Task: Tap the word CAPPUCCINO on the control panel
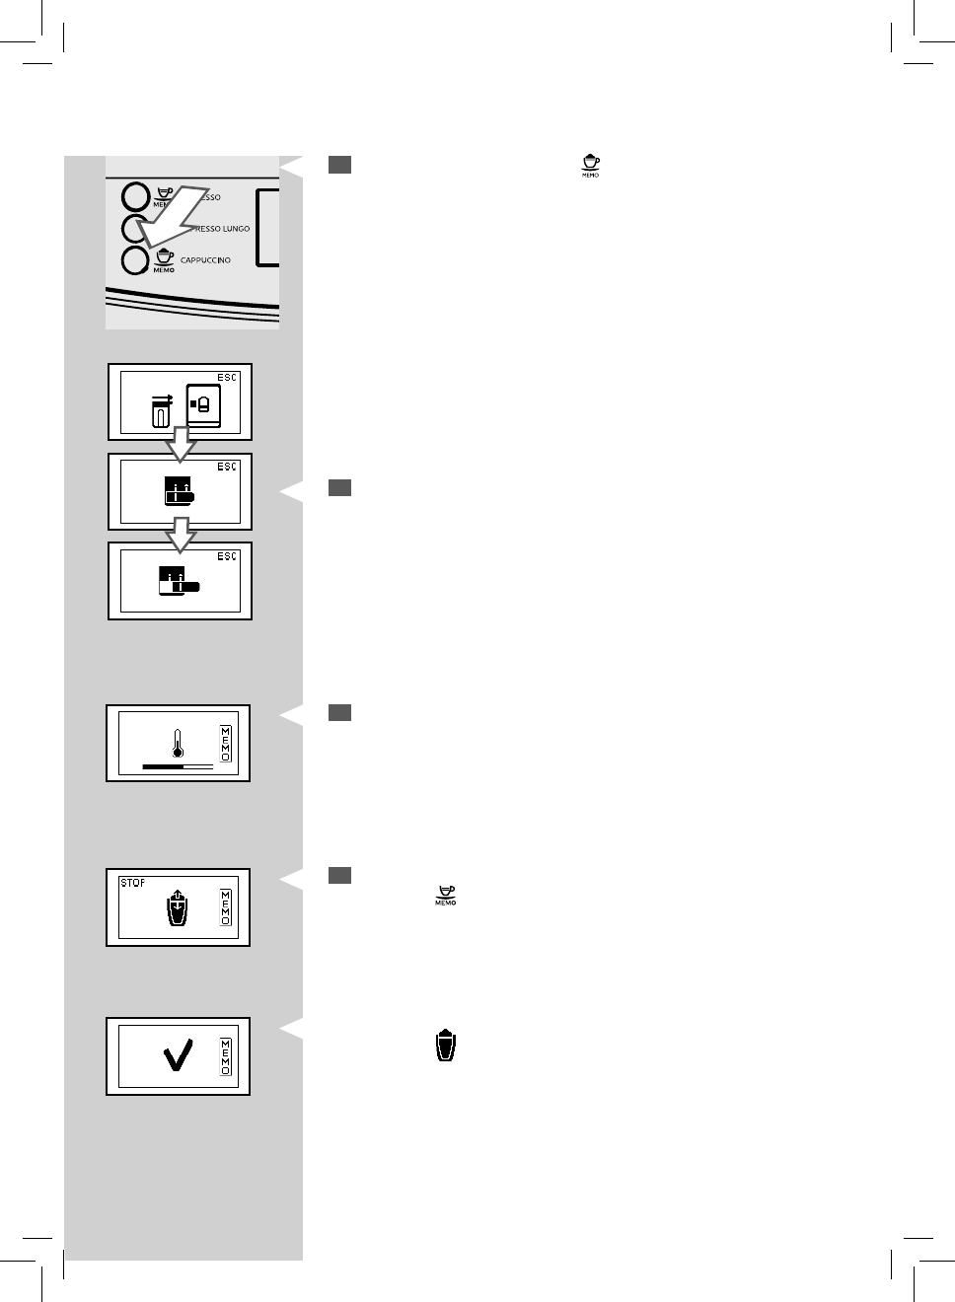205,260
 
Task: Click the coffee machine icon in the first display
204,403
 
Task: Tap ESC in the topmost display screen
227,378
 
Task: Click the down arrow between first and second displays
180,446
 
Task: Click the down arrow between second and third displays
180,537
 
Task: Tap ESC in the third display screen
227,557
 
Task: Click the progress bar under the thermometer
178,765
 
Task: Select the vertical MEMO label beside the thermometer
226,744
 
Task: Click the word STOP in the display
133,883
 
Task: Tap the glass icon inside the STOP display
176,908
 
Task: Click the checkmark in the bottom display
179,1057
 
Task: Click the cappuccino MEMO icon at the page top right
590,166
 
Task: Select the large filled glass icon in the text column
447,1046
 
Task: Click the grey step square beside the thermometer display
340,712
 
